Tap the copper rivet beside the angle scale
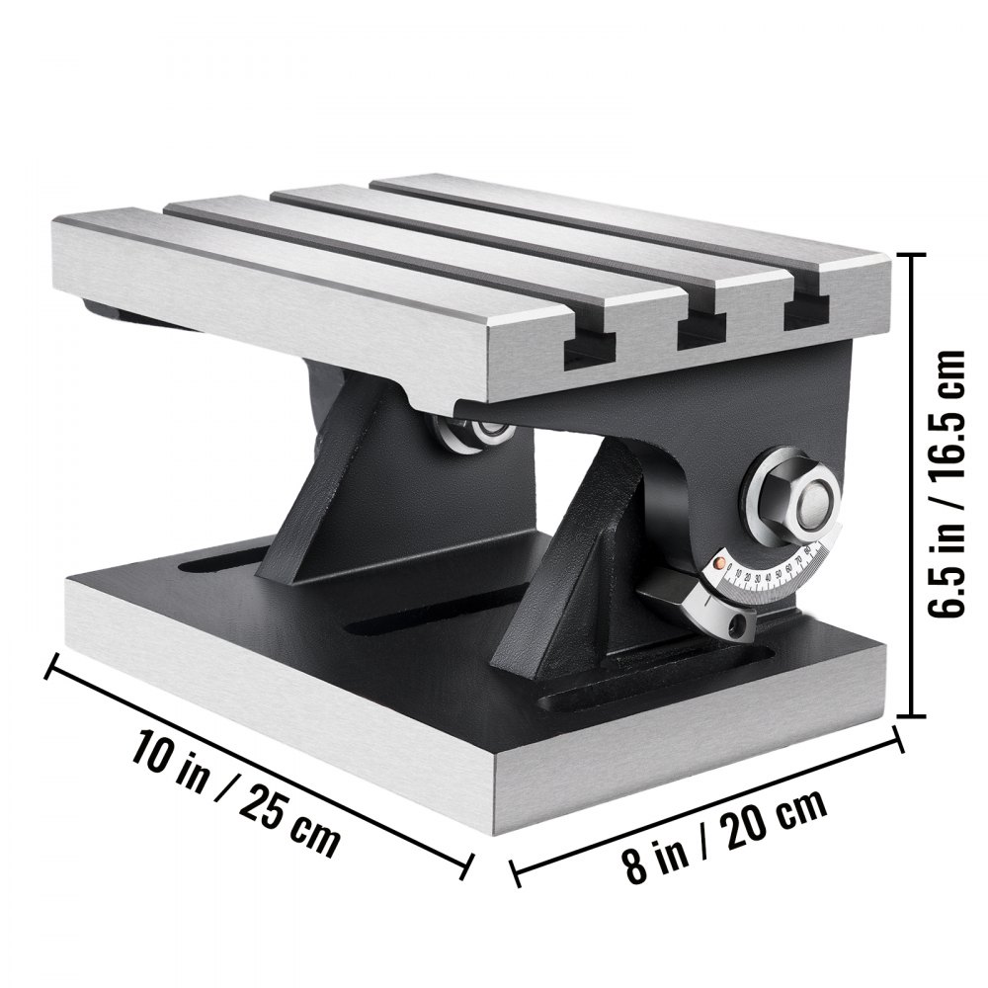coord(722,564)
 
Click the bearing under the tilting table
coord(461,430)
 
